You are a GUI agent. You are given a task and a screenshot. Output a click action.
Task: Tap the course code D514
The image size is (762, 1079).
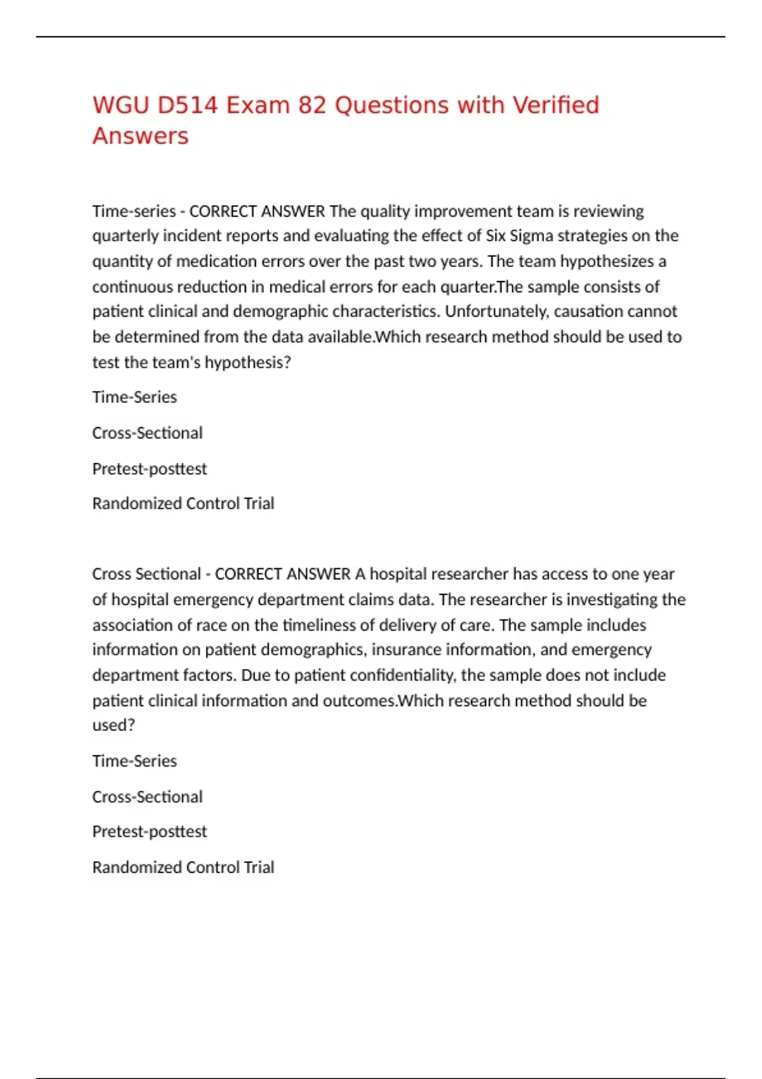(x=187, y=105)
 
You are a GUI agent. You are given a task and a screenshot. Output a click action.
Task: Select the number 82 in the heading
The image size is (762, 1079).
(x=312, y=105)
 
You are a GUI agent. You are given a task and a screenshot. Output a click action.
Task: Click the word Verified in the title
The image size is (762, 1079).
(x=556, y=105)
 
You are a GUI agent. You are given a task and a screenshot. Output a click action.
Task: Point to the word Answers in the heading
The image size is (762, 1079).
(x=140, y=136)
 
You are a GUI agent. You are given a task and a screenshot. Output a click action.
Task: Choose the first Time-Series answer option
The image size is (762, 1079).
(x=135, y=397)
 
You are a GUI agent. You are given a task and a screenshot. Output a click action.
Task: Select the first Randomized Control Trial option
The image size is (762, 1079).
(x=183, y=503)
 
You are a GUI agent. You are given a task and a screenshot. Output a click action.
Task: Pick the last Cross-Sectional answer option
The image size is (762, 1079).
(x=147, y=797)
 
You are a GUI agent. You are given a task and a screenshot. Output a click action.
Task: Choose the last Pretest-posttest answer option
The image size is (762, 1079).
(x=149, y=831)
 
